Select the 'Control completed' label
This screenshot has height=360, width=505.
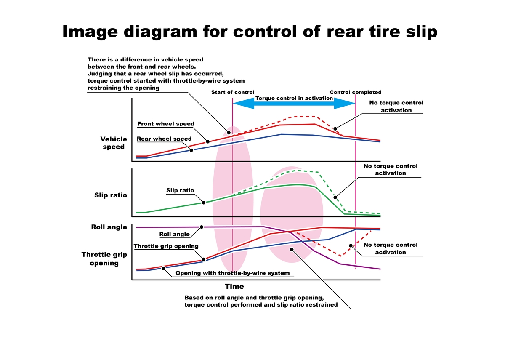(356, 92)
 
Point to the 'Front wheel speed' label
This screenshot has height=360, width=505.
(166, 124)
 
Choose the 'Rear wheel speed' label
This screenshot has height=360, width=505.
(164, 139)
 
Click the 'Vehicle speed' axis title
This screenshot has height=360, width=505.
(114, 143)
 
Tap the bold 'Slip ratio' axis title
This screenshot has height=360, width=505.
(111, 195)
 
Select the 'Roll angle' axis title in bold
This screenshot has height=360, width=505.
(109, 227)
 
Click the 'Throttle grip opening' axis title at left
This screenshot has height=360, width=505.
(104, 259)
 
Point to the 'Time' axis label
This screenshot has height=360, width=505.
(234, 286)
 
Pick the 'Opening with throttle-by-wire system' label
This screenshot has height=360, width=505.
(232, 273)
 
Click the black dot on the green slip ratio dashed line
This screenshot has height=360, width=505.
(335, 197)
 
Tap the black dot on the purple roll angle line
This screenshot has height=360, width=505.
(202, 227)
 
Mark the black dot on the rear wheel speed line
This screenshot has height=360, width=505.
(191, 150)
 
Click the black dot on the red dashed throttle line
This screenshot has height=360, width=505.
(350, 245)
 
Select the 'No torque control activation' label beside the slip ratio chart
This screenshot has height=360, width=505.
(391, 169)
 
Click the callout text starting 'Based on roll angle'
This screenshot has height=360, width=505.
(261, 301)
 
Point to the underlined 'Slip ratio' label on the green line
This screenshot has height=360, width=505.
(180, 190)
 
